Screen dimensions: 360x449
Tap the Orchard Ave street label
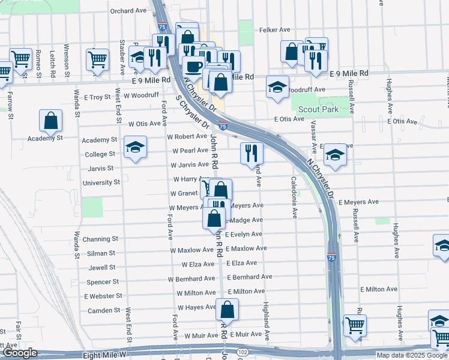click(x=128, y=11)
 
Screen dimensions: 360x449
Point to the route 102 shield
click(x=243, y=352)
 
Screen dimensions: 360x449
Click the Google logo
click(x=20, y=353)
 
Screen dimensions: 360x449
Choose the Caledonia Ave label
click(x=295, y=196)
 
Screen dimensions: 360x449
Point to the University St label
click(x=101, y=182)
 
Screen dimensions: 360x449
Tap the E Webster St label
click(x=103, y=296)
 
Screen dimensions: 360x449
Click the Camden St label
click(x=104, y=310)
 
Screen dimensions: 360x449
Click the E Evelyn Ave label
click(x=244, y=234)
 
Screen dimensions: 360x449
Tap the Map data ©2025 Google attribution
click(x=412, y=355)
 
